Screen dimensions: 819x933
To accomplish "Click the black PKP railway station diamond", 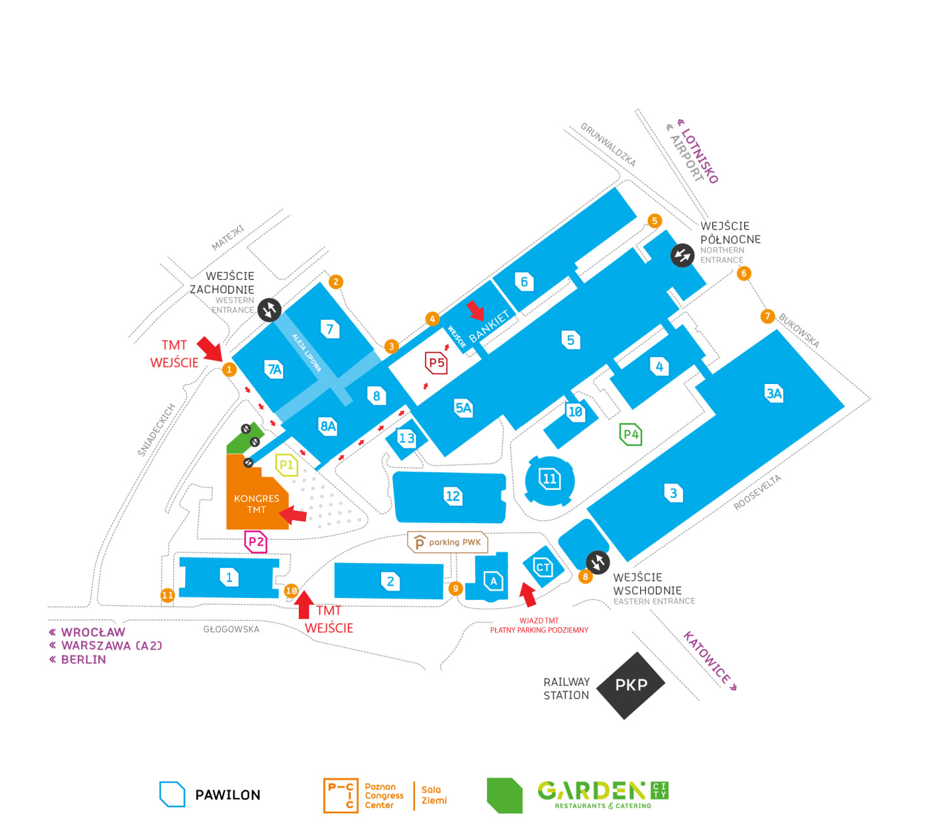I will point(631,685).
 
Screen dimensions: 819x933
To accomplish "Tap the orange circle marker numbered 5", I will point(654,221).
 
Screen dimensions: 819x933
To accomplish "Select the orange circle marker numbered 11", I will point(167,595).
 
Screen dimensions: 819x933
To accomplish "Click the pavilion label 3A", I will point(774,393).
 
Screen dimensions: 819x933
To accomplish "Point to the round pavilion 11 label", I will point(550,479).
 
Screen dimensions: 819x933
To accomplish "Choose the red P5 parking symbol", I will point(437,362).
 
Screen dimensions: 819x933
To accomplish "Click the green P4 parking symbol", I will point(631,434).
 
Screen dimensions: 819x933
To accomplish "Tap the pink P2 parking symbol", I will point(256,542).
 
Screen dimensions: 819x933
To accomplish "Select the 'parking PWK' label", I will point(449,542).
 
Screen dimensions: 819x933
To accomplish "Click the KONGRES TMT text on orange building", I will point(256,504).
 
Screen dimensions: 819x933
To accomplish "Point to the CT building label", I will point(543,567).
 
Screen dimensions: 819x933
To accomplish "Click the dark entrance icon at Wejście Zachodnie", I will point(269,309).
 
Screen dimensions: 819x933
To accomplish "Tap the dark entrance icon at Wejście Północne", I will point(682,255).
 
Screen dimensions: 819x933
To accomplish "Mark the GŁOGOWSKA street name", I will point(231,629).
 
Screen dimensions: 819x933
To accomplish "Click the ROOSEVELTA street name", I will point(757,493).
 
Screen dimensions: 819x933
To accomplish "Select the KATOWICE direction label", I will point(709,659).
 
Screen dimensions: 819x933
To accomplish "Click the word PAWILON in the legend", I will point(228,795).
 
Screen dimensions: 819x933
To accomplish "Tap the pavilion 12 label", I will point(452,496).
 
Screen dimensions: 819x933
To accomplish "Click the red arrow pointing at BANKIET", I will point(476,311).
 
